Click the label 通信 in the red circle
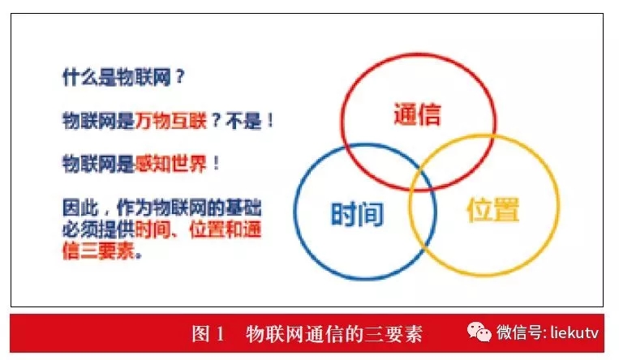[417, 114]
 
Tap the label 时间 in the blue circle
[357, 214]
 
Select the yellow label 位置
[493, 209]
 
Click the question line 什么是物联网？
[123, 77]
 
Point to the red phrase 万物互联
[171, 120]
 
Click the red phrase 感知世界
[171, 163]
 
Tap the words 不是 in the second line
[243, 120]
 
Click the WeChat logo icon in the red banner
[479, 332]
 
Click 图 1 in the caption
[208, 334]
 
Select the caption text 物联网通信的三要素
[334, 334]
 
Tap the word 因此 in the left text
[80, 208]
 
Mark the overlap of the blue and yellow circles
[423, 213]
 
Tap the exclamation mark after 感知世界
[216, 163]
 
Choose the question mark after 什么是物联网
[179, 76]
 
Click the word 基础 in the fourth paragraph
[243, 208]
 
